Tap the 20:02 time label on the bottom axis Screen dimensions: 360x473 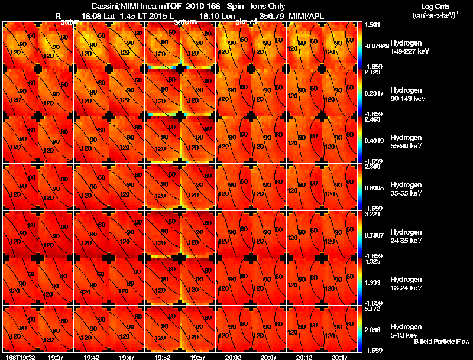click(x=233, y=357)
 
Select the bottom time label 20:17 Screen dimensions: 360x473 click(x=339, y=357)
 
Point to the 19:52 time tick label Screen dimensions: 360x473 click(x=162, y=357)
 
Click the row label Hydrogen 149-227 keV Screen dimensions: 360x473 click(x=410, y=47)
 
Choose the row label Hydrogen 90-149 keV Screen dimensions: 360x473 click(x=410, y=95)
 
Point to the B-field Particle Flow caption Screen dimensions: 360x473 click(x=441, y=342)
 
